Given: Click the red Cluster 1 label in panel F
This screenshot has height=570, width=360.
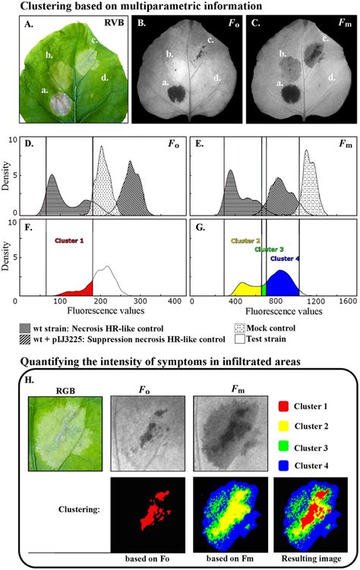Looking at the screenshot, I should pyautogui.click(x=71, y=241).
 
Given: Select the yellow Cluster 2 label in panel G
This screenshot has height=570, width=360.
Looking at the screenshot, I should pyautogui.click(x=247, y=240).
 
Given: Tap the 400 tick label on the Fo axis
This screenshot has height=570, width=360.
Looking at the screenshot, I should pyautogui.click(x=174, y=301).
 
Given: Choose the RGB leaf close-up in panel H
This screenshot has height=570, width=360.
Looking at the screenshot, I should pyautogui.click(x=59, y=433).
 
